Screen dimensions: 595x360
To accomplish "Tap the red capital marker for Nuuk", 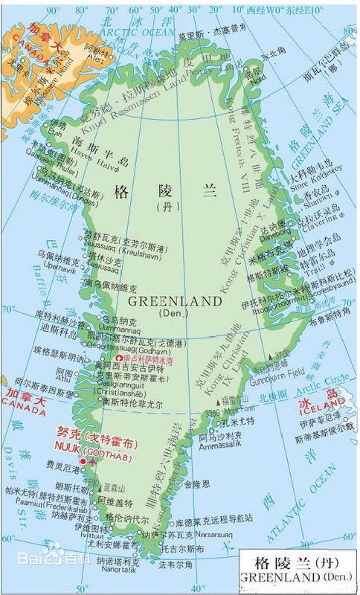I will pyautogui.click(x=83, y=462).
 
